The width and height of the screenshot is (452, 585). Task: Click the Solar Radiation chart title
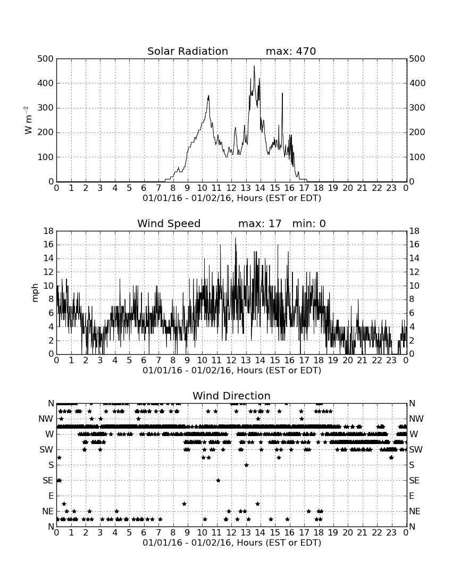coord(188,51)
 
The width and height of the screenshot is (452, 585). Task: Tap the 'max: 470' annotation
coord(291,51)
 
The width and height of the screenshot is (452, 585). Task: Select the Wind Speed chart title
coord(169,223)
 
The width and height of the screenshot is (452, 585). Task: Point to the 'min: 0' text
coord(309,223)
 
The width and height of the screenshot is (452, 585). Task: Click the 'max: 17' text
coord(260,223)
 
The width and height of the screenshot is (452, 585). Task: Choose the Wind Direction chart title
coord(231,396)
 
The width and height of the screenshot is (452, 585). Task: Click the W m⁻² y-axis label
coord(28,120)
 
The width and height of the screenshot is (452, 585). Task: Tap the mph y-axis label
coord(35,293)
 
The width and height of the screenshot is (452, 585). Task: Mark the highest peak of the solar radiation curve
coord(254,66)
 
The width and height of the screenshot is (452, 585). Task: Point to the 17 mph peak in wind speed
coord(236,238)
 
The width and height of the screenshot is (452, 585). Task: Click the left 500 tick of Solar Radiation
coord(46,59)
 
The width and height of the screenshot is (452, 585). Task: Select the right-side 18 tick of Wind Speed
coord(414,231)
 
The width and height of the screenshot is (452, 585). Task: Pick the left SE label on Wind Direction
coord(48,481)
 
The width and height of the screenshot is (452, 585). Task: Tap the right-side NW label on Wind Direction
coord(416,419)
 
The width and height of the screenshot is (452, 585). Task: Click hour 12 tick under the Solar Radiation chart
coord(231,188)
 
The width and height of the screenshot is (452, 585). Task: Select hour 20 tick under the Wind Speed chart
coord(348,360)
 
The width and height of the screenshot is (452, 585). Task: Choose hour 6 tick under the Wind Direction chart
coord(144,532)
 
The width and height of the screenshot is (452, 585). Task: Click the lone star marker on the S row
coord(246,465)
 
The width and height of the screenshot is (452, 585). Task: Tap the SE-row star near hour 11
coord(218,480)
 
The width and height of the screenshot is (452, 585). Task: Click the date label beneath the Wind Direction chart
coord(232,542)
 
